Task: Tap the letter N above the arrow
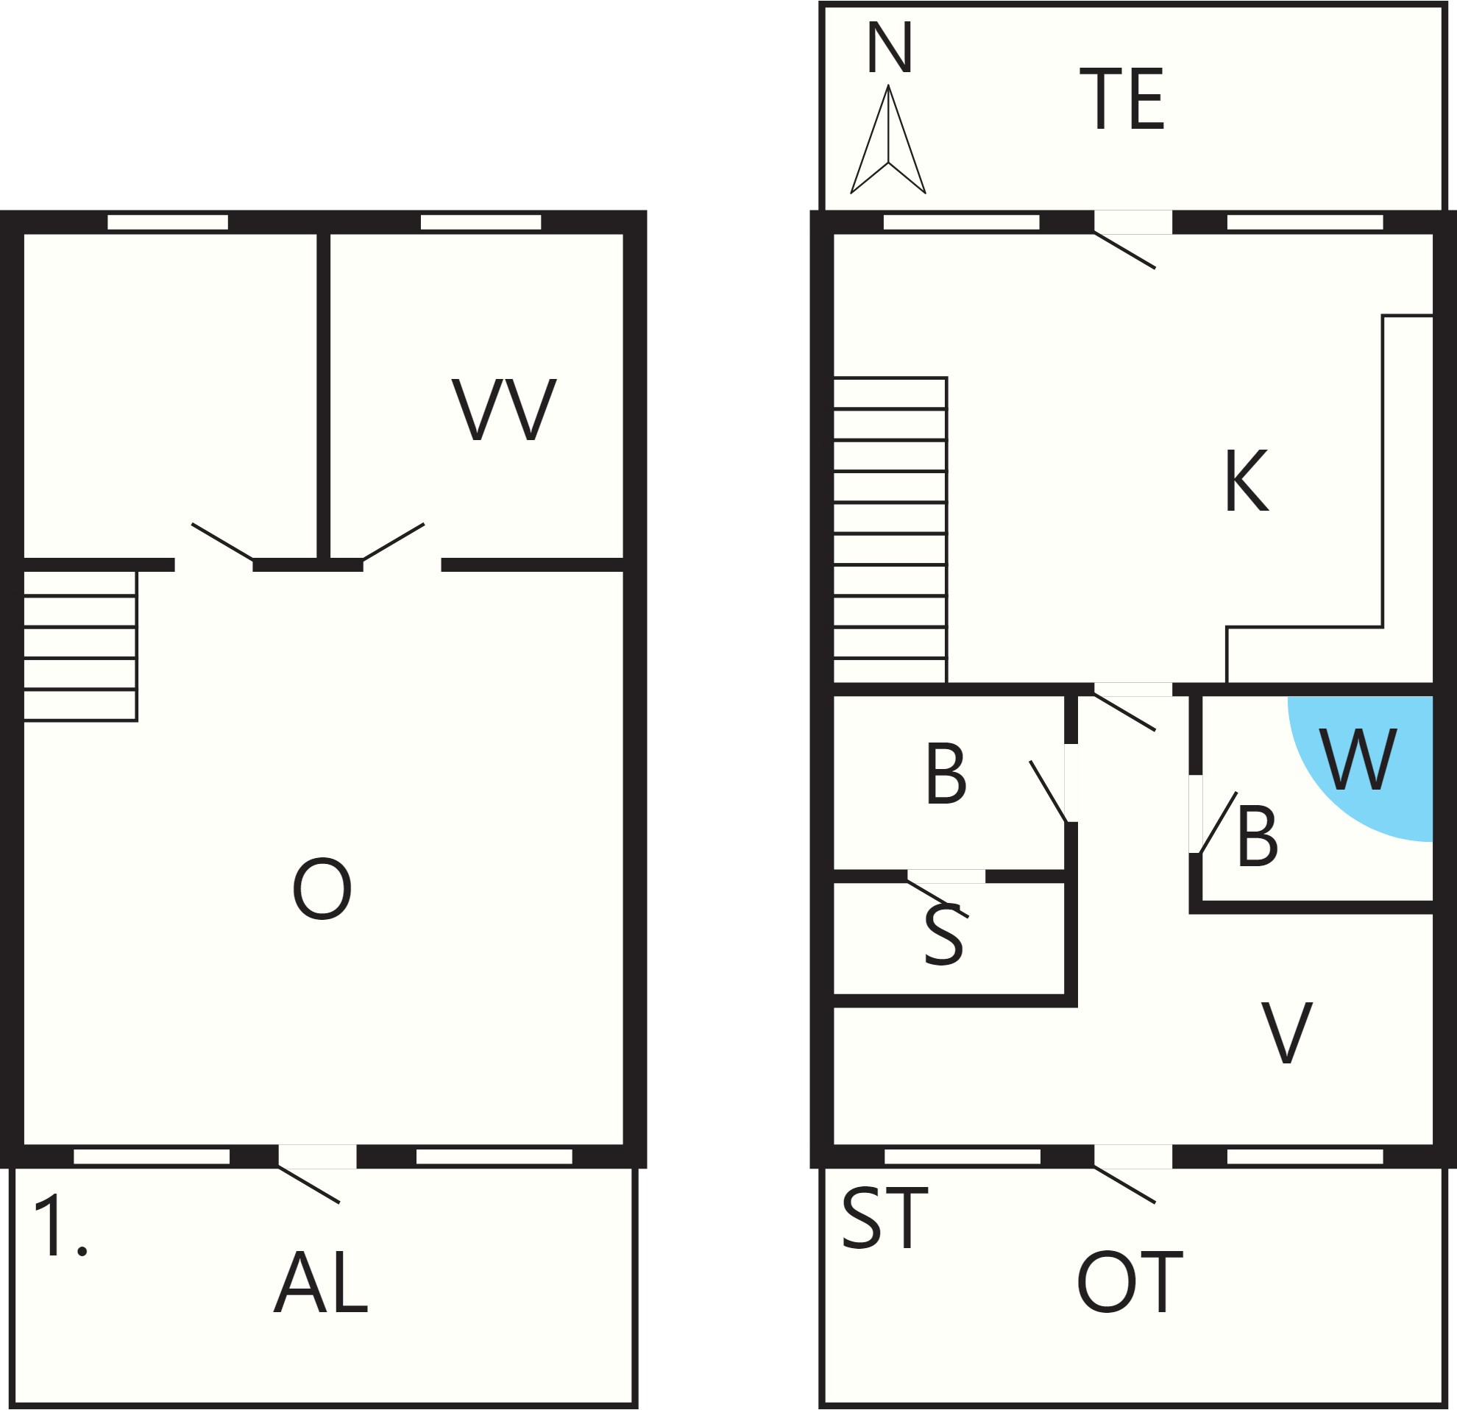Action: click(890, 49)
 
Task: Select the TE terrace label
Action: click(1121, 99)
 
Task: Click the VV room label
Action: click(504, 409)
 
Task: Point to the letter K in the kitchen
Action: click(1247, 481)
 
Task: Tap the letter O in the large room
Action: click(322, 889)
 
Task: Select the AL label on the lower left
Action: click(321, 1282)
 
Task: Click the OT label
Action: click(1130, 1282)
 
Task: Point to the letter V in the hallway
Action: click(1288, 1032)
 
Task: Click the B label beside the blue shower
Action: click(1258, 836)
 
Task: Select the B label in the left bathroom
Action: click(946, 773)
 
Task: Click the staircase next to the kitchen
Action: click(890, 530)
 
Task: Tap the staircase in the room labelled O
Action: click(80, 646)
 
